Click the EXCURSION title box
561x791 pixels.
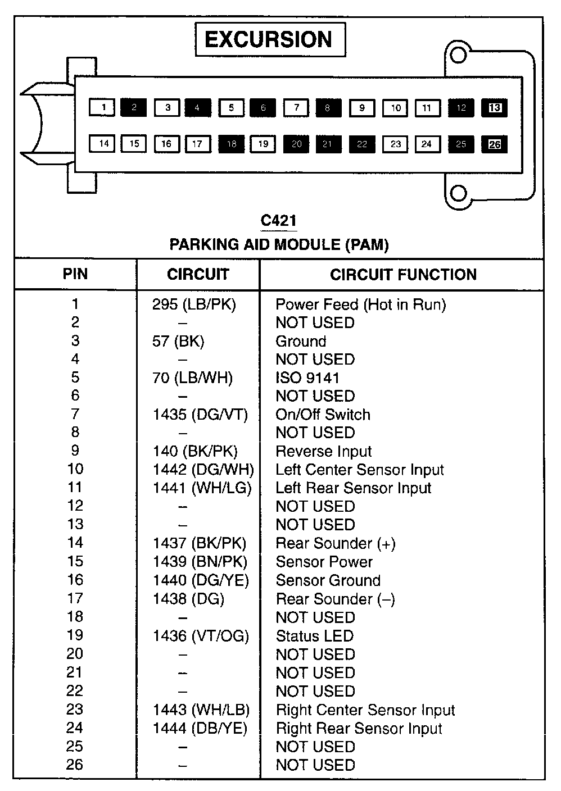click(270, 40)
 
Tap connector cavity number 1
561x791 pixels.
click(102, 107)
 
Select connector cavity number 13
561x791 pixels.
click(494, 107)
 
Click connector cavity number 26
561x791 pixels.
click(494, 144)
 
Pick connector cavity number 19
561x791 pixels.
click(263, 144)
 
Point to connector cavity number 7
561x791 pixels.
click(296, 107)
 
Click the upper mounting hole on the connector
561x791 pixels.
click(459, 55)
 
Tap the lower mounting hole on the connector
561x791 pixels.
click(459, 193)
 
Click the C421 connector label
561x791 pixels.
click(279, 221)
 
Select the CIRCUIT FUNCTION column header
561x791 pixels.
click(403, 275)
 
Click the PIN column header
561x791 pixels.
click(75, 274)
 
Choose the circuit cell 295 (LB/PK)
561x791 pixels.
click(194, 304)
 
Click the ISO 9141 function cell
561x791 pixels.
click(307, 378)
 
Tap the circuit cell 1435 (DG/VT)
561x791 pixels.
click(200, 415)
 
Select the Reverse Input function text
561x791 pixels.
click(323, 452)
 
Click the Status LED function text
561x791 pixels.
click(314, 636)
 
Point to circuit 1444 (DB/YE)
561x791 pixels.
click(200, 729)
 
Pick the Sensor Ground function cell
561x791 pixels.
click(328, 580)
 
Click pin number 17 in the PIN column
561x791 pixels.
click(75, 599)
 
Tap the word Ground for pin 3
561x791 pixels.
click(301, 342)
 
